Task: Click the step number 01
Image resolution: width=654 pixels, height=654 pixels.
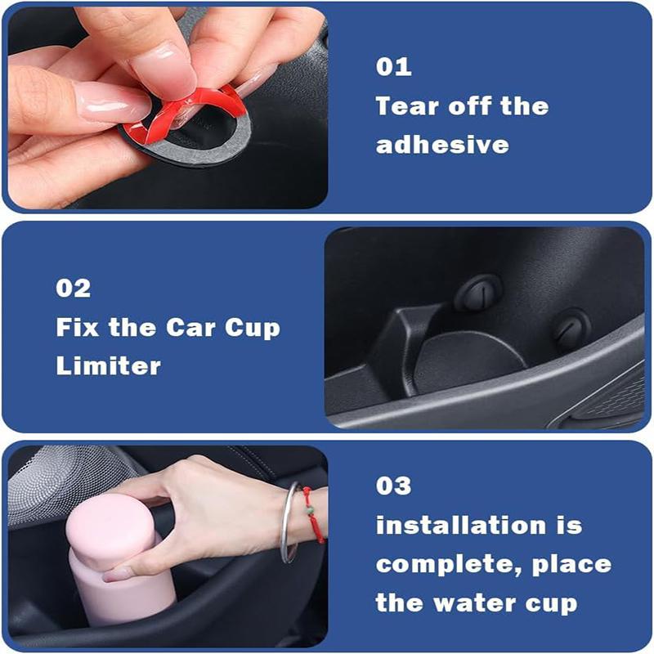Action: click(393, 67)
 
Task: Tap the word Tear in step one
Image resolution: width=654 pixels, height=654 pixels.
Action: click(406, 106)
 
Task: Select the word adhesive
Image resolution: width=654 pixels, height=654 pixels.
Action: click(441, 146)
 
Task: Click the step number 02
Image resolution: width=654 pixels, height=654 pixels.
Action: click(74, 289)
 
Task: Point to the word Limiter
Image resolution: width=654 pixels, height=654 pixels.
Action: click(108, 365)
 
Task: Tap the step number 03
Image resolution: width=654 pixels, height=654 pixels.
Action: click(394, 486)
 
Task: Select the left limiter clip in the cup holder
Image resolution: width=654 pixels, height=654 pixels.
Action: click(479, 292)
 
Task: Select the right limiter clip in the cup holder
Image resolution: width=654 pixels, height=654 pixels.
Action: click(571, 328)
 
